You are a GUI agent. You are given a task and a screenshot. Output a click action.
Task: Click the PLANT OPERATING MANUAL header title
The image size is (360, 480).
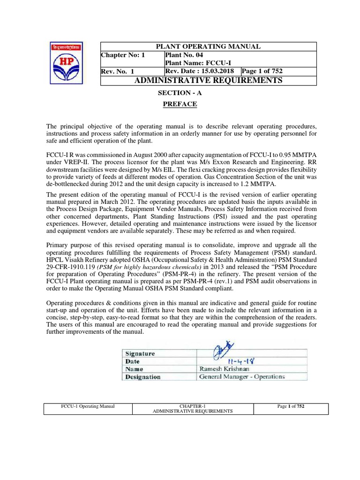click(x=209, y=46)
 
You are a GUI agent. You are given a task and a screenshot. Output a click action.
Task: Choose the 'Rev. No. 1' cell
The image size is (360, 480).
click(x=118, y=71)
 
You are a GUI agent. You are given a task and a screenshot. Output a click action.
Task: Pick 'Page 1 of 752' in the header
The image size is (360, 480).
click(x=262, y=71)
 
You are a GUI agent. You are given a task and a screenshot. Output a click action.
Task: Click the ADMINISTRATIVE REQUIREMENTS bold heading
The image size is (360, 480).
click(x=209, y=81)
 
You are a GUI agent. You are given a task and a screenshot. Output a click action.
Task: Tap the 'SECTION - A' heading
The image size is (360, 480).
click(x=180, y=93)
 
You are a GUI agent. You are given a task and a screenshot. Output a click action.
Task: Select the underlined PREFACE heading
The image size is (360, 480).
click(x=180, y=104)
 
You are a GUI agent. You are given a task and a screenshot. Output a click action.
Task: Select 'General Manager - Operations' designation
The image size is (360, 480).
click(x=242, y=376)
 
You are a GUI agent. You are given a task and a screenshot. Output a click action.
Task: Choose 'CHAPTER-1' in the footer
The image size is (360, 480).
click(x=193, y=406)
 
